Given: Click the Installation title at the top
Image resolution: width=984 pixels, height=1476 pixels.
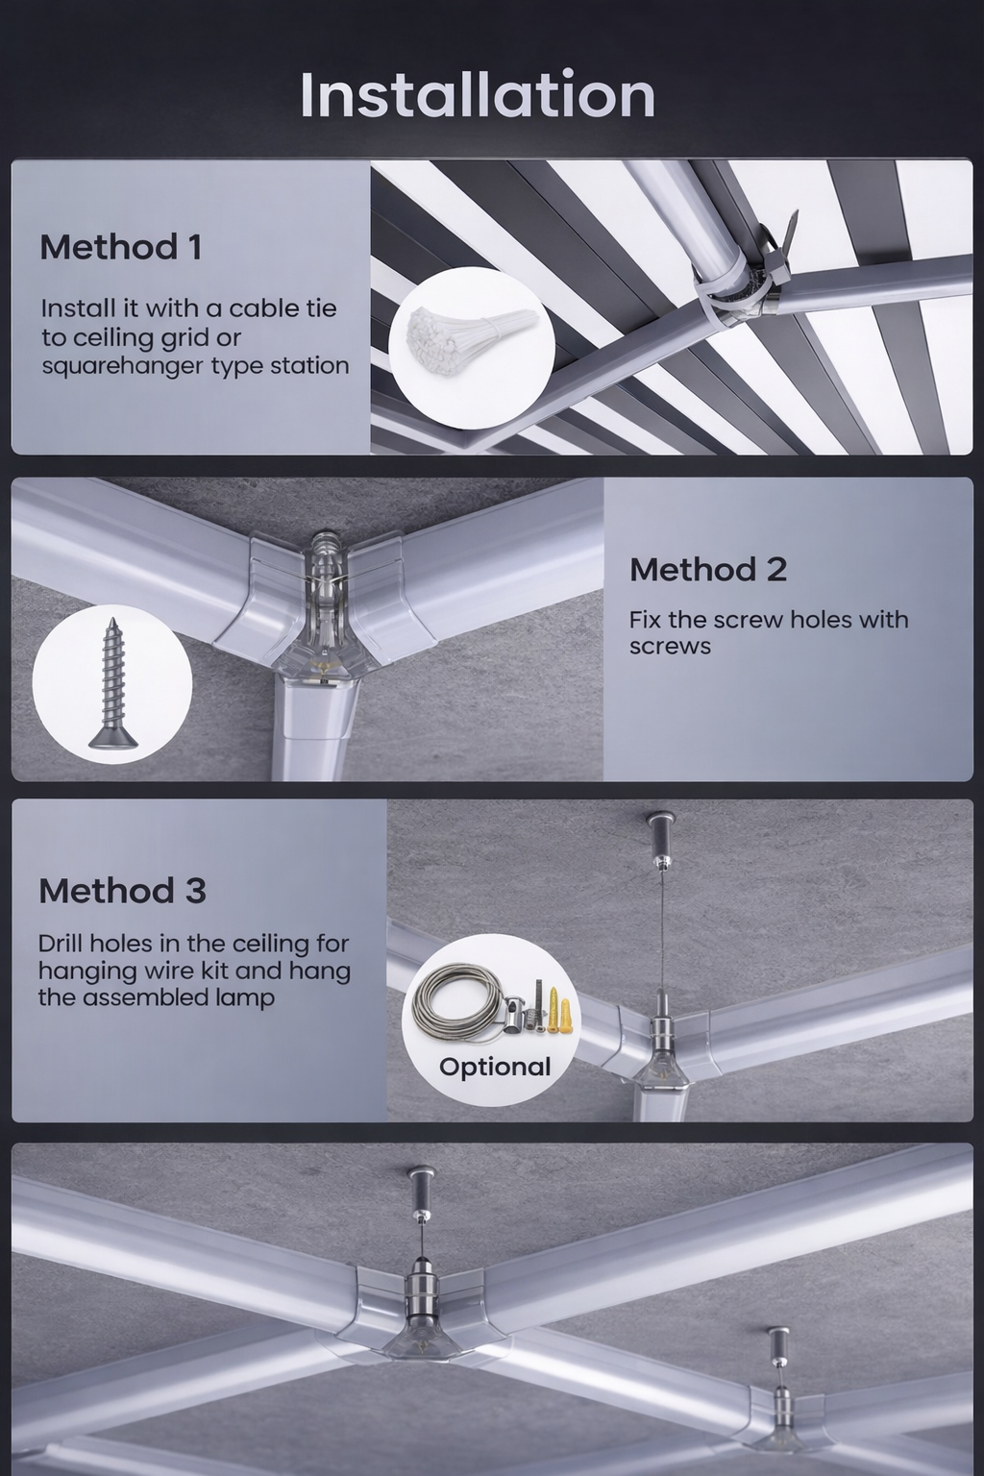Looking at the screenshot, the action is click(x=478, y=94).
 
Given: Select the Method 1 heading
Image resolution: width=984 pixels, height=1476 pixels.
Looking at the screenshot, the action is click(x=121, y=247).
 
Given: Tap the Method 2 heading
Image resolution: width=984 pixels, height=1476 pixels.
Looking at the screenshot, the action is click(x=708, y=569).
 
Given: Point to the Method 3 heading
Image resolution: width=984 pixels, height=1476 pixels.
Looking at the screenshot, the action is click(x=123, y=891).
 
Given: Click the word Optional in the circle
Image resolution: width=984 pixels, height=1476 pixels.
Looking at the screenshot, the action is click(x=494, y=1067).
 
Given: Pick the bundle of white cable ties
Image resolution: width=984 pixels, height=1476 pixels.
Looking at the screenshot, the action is click(x=471, y=337).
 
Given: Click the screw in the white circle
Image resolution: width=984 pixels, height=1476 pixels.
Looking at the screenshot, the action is click(x=113, y=683).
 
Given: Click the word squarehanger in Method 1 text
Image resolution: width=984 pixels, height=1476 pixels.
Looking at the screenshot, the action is click(x=123, y=366).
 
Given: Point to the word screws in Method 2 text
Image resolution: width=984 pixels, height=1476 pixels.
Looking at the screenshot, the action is click(x=670, y=646).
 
